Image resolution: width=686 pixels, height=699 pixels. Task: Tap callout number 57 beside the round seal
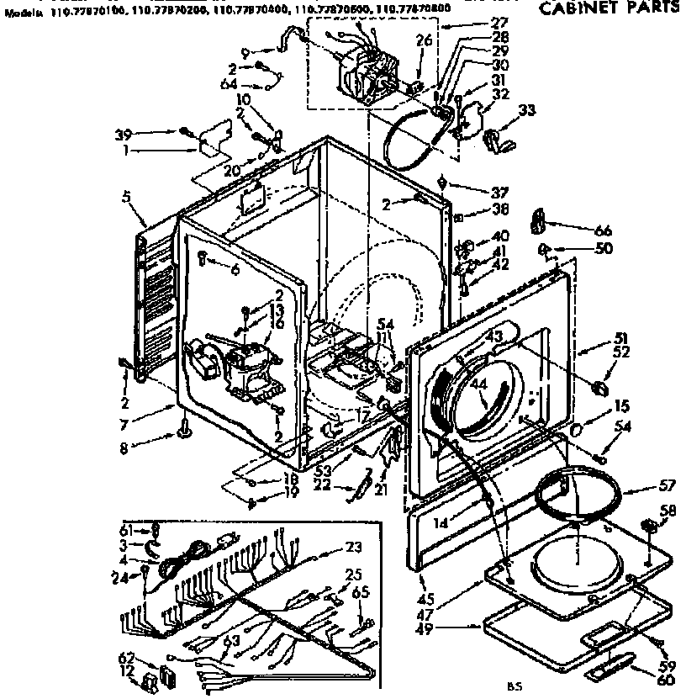[x=643, y=486]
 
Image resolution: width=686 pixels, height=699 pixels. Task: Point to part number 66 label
[x=580, y=230]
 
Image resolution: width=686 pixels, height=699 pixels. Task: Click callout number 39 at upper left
[x=122, y=133]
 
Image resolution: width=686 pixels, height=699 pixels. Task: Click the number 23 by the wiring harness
[x=354, y=547]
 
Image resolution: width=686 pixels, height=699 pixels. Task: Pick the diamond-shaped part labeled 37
[x=442, y=183]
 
